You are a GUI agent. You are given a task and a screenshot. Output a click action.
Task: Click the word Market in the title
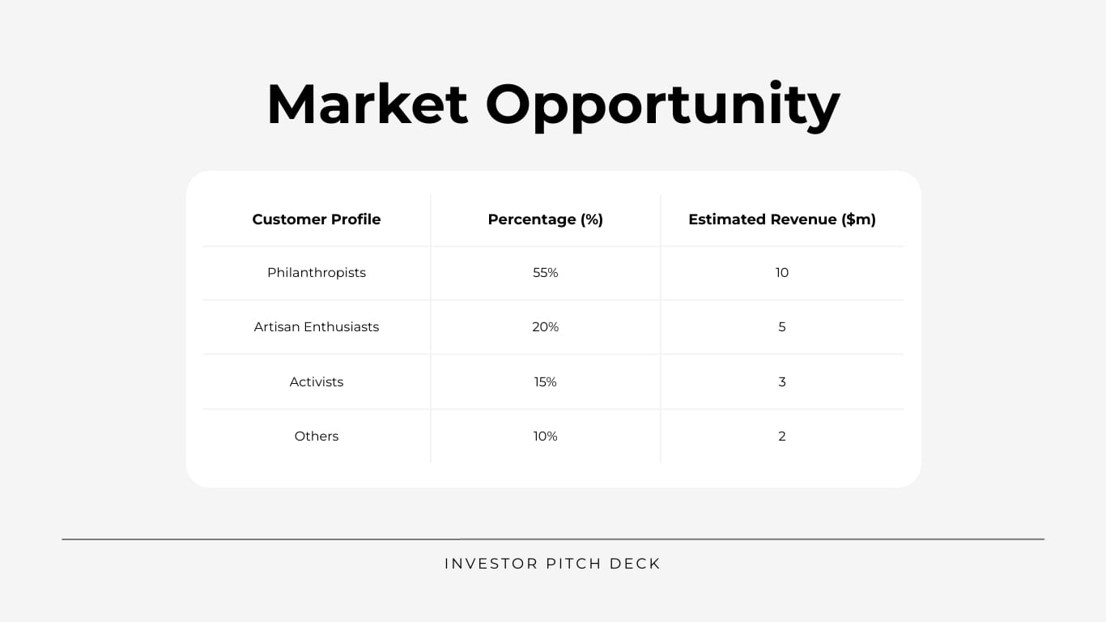click(x=367, y=104)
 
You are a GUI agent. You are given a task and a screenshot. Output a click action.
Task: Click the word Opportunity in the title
click(x=662, y=104)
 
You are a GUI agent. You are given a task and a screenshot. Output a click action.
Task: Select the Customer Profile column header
click(x=317, y=219)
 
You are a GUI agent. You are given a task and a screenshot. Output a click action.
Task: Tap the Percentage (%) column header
click(x=546, y=219)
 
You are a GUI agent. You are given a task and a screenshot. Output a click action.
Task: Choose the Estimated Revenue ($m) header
click(x=782, y=219)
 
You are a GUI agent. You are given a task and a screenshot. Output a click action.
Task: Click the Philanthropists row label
click(x=317, y=273)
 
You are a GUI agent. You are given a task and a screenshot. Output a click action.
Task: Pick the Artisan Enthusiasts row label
click(x=317, y=327)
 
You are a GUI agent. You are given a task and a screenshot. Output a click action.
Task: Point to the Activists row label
click(x=317, y=381)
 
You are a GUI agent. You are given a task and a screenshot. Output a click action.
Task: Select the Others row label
click(x=317, y=436)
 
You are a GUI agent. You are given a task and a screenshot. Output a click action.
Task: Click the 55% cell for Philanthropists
click(x=546, y=273)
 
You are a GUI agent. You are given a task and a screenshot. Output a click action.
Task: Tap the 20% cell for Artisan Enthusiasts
click(x=546, y=327)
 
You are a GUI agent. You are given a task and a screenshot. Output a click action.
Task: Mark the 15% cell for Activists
click(x=546, y=381)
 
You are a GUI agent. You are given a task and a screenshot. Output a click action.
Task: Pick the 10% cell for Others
click(x=546, y=436)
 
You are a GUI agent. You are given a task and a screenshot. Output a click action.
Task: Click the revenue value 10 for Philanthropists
click(x=782, y=273)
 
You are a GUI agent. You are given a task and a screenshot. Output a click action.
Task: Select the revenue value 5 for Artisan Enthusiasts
click(x=782, y=327)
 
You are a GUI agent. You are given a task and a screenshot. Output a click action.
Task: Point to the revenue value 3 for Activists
click(x=782, y=381)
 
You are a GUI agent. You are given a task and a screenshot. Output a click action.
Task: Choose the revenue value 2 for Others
click(x=782, y=436)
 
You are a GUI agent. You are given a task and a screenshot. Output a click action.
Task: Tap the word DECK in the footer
click(x=636, y=564)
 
